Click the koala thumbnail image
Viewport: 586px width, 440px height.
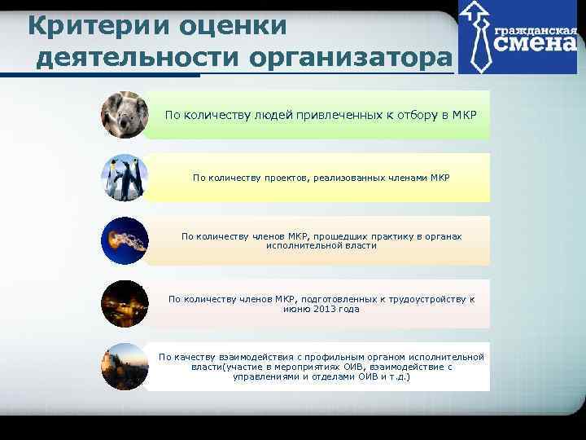click(x=125, y=115)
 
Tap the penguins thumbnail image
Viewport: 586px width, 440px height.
click(x=125, y=178)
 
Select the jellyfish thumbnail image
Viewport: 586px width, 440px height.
click(x=125, y=240)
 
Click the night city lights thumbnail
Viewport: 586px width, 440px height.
click(x=125, y=303)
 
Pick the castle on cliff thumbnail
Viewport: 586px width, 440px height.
click(x=125, y=366)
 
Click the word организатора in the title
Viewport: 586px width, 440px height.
click(x=349, y=58)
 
